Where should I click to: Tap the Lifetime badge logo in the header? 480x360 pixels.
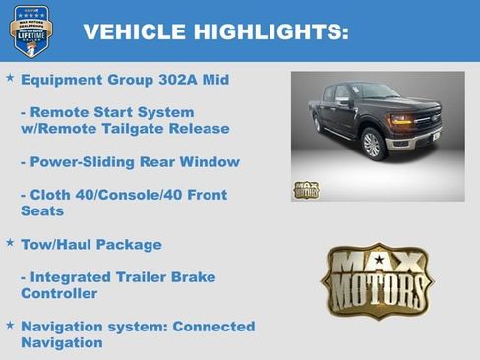30,30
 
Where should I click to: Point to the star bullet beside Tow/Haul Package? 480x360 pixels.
11,242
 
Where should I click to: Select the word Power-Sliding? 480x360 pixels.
77,161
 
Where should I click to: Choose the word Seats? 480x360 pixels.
42,211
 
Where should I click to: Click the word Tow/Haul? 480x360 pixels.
54,244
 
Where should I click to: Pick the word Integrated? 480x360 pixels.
71,277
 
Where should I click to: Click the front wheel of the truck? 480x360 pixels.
372,145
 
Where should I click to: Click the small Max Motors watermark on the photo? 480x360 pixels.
306,189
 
